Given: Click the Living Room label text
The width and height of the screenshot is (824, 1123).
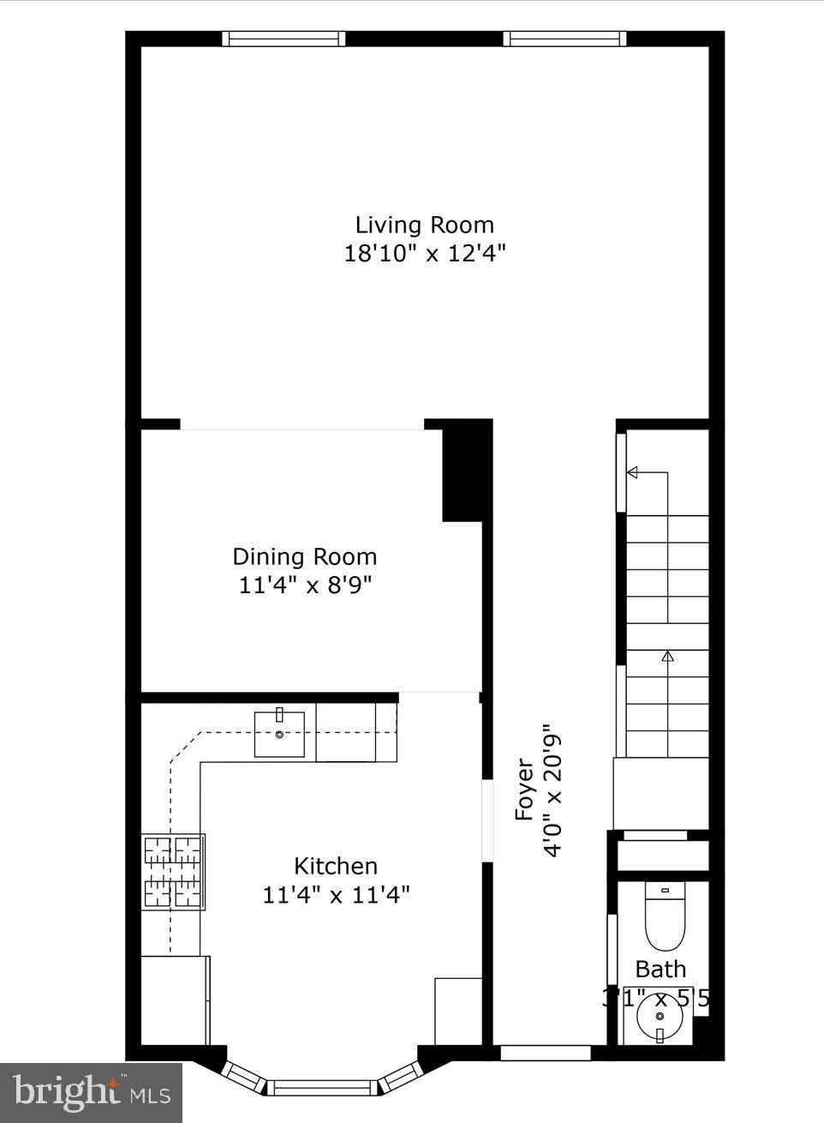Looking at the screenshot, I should tap(425, 225).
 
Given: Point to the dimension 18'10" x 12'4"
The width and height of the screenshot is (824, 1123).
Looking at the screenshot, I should tap(425, 254).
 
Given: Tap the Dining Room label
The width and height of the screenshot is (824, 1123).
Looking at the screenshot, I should tap(305, 556).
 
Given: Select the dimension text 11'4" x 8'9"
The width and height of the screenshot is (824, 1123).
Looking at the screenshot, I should tap(305, 586).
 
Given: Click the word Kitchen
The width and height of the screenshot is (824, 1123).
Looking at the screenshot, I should tap(336, 866).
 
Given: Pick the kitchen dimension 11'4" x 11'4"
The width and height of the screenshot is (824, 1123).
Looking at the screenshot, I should tap(336, 895).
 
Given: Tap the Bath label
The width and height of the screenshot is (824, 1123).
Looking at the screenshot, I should tap(660, 970).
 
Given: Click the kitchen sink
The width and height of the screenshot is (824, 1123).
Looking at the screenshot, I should tap(279, 735).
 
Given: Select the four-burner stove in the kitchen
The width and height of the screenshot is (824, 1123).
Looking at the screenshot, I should tap(173, 872).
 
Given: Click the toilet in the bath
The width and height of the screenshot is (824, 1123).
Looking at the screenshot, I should tap(666, 917).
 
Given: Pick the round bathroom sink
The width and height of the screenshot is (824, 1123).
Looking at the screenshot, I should tap(660, 1018).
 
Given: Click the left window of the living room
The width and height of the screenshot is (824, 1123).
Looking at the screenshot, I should tap(284, 39).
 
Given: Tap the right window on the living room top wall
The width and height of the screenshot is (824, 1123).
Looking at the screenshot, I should tap(564, 39).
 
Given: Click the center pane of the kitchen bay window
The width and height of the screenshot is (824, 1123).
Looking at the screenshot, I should tap(324, 1087).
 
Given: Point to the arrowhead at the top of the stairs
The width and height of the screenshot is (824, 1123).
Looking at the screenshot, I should tap(633, 472).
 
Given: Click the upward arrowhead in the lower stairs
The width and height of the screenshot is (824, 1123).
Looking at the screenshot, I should tap(667, 657).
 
